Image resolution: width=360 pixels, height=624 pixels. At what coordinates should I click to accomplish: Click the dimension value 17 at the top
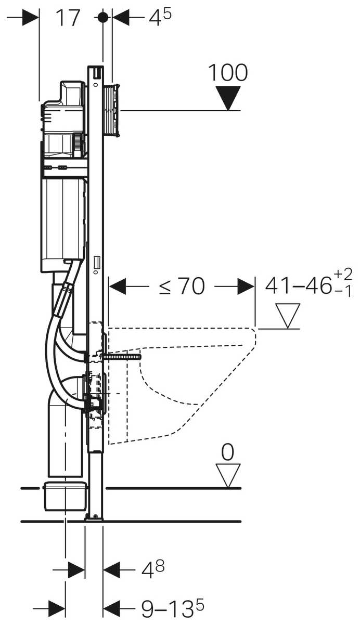(68, 18)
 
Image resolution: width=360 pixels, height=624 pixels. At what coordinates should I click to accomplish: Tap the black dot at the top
(103, 18)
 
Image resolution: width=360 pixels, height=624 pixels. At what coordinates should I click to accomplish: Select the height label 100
(228, 73)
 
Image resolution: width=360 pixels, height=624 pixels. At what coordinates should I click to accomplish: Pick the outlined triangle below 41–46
(288, 316)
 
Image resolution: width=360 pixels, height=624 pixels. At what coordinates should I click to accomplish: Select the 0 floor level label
(227, 452)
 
